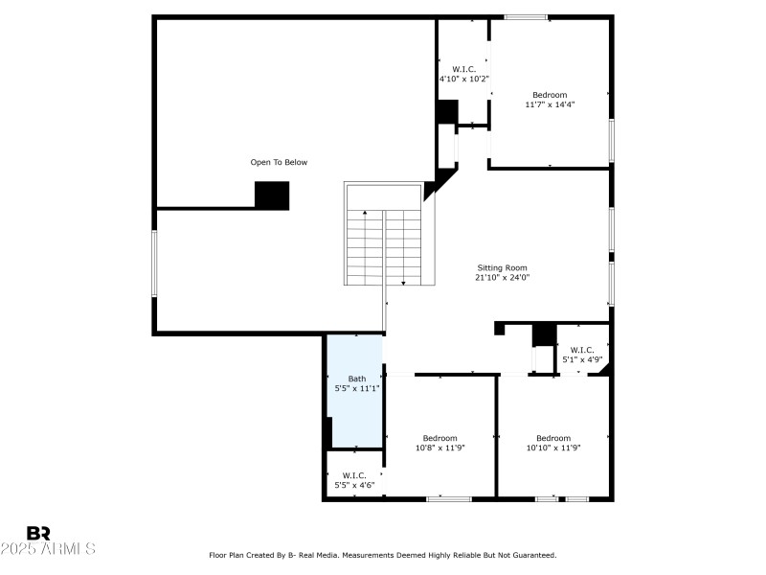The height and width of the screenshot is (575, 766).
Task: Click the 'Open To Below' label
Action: coord(279,162)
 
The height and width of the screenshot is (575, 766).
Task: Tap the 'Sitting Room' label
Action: coord(502,268)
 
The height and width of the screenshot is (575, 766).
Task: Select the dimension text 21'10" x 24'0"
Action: coord(502,278)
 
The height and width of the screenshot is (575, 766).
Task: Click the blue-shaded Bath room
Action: coord(355,402)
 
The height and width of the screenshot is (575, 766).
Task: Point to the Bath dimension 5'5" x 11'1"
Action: coord(356,388)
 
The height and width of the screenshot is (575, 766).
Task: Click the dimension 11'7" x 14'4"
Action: coord(550,104)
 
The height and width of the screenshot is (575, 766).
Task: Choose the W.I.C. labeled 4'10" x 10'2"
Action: coord(463,74)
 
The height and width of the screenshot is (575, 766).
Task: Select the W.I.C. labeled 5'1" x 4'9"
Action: coord(582,355)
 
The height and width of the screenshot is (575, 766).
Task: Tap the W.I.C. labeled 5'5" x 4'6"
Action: coord(354,480)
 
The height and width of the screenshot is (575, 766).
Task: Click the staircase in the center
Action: coord(383,246)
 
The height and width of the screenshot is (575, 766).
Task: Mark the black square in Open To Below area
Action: coord(272,195)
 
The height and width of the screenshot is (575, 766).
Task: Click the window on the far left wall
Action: coord(153,263)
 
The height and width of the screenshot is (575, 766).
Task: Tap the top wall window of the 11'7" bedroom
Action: coord(526,16)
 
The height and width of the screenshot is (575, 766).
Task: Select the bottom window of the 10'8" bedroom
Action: coord(448,498)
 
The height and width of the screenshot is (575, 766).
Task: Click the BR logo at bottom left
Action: coord(38,533)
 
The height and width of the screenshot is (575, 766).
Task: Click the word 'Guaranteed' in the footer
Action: coord(532,555)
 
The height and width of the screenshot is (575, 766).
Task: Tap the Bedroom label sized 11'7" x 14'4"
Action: coord(550,95)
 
